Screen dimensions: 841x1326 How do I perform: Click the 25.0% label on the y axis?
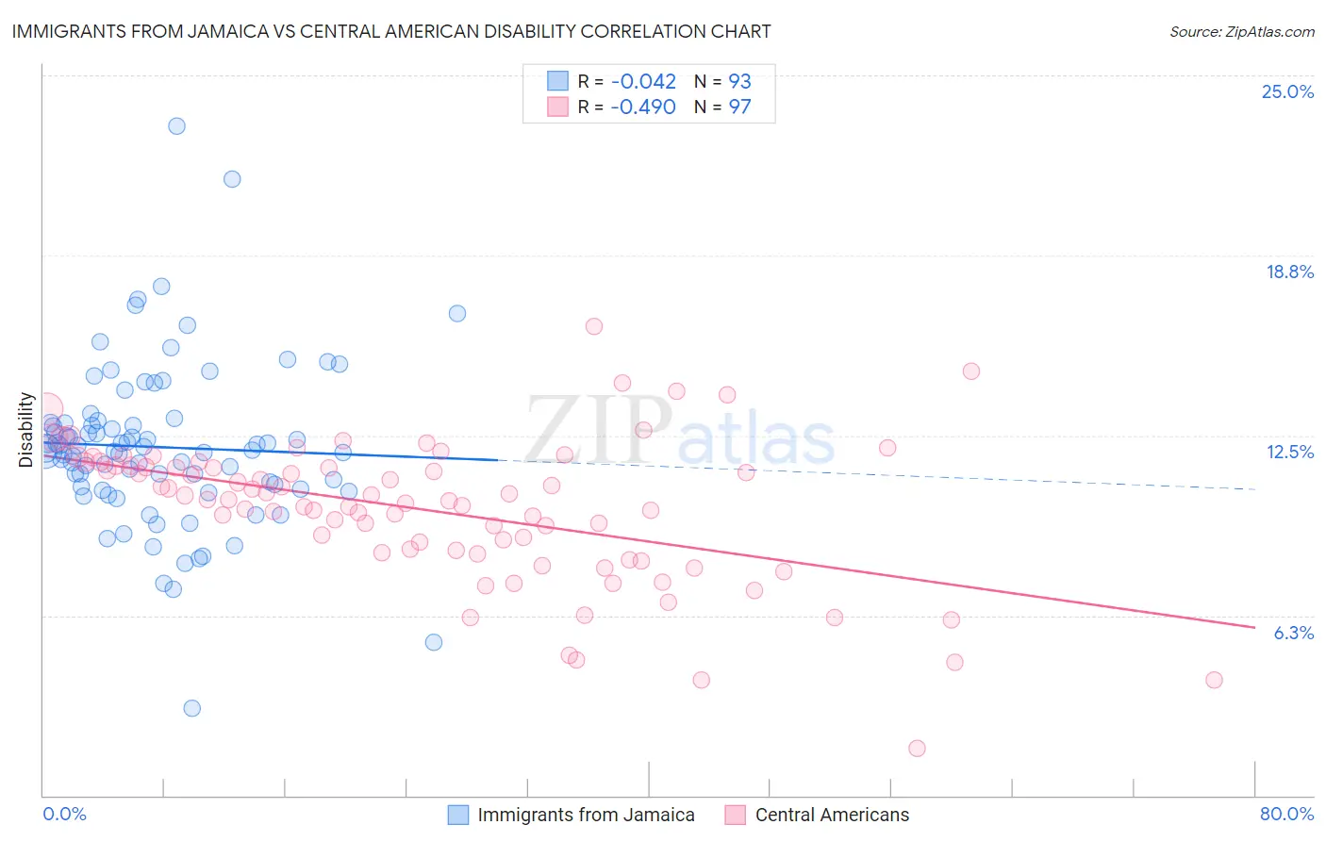(1287, 91)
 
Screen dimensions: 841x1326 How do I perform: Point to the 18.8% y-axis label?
(1289, 272)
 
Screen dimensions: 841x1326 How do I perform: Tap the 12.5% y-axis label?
(1289, 452)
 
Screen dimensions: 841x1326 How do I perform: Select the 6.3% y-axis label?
(1293, 633)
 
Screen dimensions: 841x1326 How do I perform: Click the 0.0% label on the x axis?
(64, 814)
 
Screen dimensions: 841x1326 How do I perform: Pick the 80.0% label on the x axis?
(1286, 814)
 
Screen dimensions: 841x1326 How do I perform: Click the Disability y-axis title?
(26, 430)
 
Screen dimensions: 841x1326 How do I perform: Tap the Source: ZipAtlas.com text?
(1241, 31)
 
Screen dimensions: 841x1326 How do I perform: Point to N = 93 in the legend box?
(722, 81)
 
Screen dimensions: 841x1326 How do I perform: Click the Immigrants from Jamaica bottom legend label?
(586, 815)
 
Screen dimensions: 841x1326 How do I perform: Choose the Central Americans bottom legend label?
(832, 815)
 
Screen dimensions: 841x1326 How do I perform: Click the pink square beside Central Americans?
(736, 815)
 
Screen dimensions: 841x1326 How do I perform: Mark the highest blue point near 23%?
(176, 125)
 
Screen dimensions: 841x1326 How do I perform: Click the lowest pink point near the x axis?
(917, 749)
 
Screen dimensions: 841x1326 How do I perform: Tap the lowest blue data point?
(191, 708)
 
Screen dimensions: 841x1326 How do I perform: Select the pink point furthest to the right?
(1214, 680)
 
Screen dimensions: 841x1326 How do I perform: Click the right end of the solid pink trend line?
(1254, 627)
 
